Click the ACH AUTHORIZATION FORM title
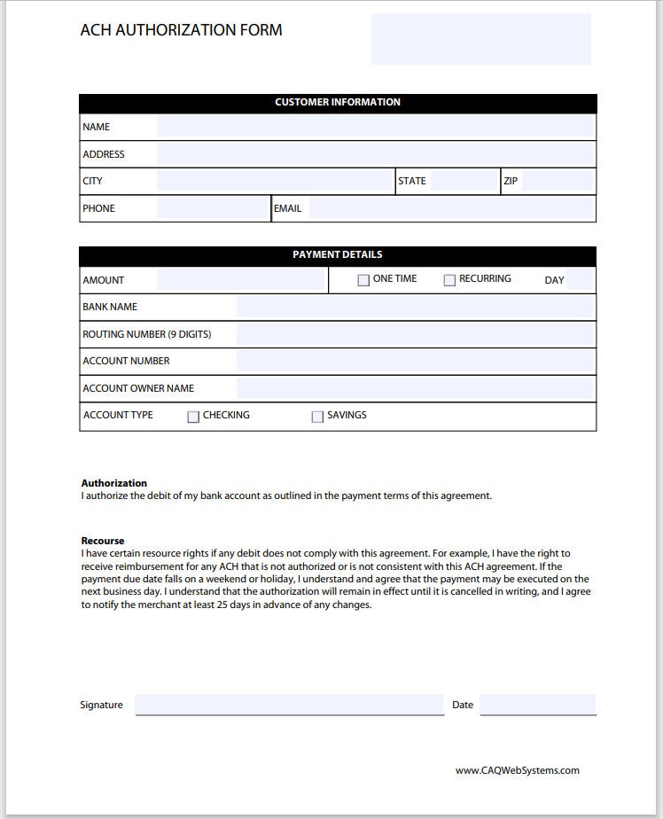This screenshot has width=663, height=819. (181, 30)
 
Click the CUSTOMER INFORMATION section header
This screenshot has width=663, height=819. (337, 103)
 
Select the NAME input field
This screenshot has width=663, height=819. (374, 127)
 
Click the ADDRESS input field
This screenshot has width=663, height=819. (374, 154)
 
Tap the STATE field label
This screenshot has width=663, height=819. (412, 181)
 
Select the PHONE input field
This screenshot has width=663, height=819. (213, 208)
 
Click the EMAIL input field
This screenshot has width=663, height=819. (450, 208)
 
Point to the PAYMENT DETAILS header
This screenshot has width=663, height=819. (337, 255)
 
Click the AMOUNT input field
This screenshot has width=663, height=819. (241, 280)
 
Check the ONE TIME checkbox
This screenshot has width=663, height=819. (363, 280)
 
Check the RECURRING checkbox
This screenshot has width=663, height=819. (449, 280)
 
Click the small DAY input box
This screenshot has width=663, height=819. (580, 280)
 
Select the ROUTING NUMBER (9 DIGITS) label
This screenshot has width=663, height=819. (147, 334)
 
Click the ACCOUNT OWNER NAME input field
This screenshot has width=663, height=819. (415, 388)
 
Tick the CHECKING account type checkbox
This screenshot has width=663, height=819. (193, 417)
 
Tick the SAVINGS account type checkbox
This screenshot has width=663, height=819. (317, 417)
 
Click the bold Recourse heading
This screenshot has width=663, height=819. (103, 541)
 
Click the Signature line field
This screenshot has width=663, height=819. (289, 705)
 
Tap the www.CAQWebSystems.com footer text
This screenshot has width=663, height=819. (518, 770)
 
